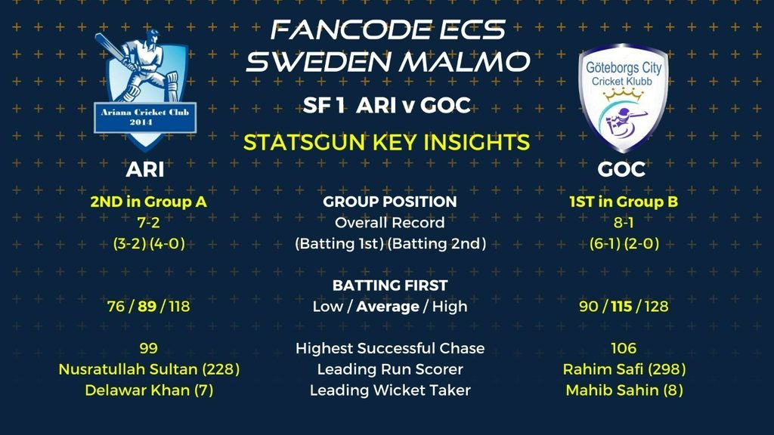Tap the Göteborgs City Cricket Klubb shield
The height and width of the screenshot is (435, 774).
[x=622, y=97]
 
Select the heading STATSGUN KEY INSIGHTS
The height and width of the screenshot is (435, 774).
[x=386, y=143]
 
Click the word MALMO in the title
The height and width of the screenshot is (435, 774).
[x=465, y=62]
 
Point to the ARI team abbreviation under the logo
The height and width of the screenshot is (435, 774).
[x=144, y=170]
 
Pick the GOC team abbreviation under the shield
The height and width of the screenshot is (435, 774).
[x=621, y=170]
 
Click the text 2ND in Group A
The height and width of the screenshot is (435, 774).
[x=148, y=202]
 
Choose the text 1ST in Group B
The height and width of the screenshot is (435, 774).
[x=624, y=202]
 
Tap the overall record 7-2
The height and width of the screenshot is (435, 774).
[x=149, y=223]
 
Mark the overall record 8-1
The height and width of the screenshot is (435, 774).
[x=624, y=223]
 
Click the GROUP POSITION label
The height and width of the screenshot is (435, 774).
[x=390, y=202]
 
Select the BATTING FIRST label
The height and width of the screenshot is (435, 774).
[x=390, y=285]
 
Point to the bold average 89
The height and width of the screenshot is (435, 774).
[x=147, y=307]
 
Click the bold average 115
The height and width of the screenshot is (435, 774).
[x=621, y=307]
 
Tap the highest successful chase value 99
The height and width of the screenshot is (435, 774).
[x=149, y=349]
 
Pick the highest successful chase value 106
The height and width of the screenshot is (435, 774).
[x=624, y=349]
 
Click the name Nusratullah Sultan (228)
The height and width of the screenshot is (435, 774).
[x=149, y=369]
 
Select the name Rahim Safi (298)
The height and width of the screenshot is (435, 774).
[x=624, y=369]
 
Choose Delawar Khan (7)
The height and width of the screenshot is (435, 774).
[x=149, y=390]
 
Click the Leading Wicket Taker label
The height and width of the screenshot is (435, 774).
[x=390, y=390]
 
